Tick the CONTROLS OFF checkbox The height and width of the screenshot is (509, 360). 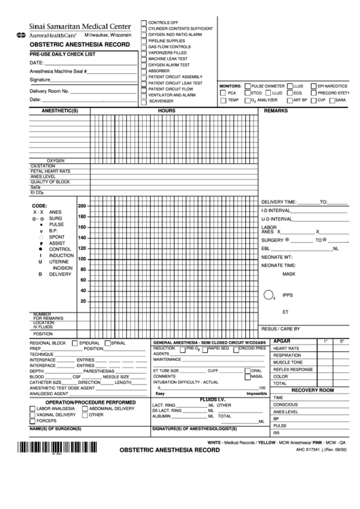click(143, 22)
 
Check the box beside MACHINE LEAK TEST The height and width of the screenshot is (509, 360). click(143, 59)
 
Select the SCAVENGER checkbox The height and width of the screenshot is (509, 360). click(143, 101)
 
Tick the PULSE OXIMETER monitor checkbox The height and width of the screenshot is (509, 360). click(247, 86)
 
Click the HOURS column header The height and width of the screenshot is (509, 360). click(166, 110)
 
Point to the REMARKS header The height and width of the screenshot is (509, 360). click(276, 110)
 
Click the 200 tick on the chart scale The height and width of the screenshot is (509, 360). click(83, 206)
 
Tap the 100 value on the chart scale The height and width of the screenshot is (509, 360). click(83, 258)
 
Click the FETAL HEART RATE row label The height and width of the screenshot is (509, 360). click(51, 171)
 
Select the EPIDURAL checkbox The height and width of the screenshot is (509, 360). click(75, 344)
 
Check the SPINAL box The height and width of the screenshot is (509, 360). click(107, 344)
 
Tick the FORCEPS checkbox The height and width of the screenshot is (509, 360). click(32, 421)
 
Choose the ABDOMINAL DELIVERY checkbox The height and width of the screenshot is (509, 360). click(84, 408)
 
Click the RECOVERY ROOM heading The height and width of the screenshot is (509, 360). click(312, 390)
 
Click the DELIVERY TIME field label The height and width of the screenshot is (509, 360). click(278, 202)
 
